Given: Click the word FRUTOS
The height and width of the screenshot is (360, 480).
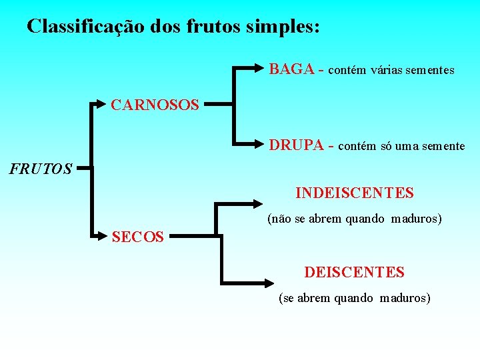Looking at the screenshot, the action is point(41,169).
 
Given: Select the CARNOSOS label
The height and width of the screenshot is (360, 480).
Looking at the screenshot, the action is point(155,105).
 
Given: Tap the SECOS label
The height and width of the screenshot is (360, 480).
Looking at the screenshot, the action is point(138,236).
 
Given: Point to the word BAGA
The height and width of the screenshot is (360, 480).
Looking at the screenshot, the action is point(291,69).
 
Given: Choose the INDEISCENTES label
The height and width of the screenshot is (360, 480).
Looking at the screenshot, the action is point(354,193).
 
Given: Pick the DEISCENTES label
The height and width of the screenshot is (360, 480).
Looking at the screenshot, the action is point(354,272).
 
